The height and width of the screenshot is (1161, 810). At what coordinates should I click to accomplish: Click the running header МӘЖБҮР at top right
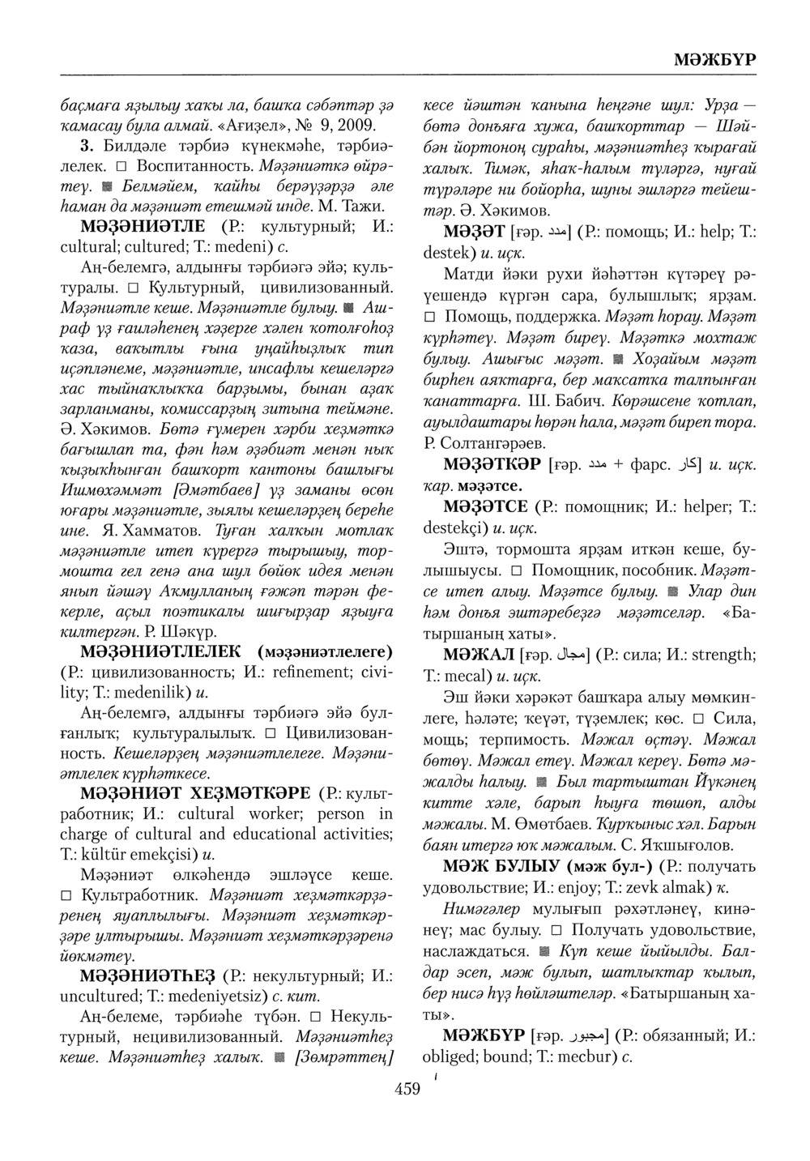(x=714, y=60)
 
